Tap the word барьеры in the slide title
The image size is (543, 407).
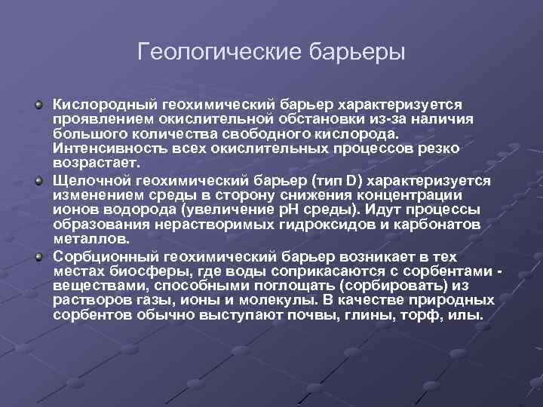click(357, 53)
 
